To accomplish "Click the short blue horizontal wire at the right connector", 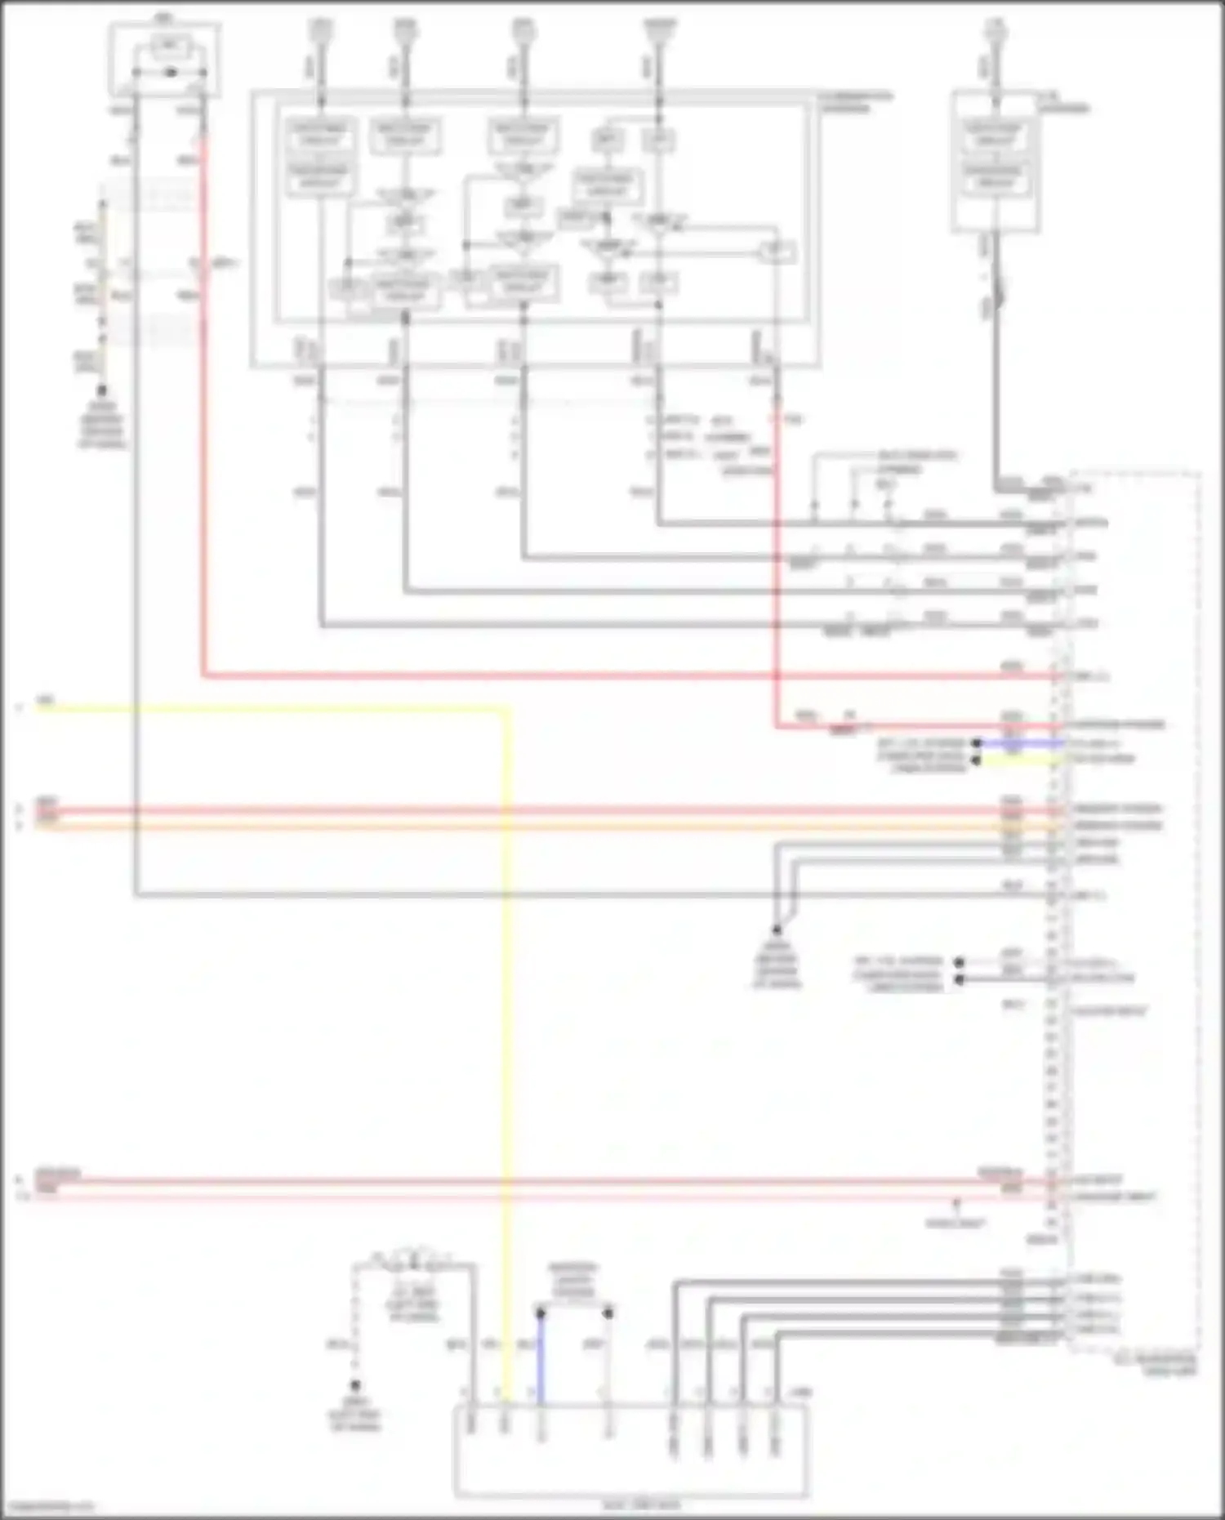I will [x=1021, y=743].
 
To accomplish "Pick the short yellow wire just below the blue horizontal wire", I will [x=1021, y=759].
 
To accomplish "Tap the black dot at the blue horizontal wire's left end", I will [x=975, y=743].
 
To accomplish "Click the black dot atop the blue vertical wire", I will [x=540, y=1313].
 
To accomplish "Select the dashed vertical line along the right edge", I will [x=1198, y=898].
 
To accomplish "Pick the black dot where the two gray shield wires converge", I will [x=777, y=929].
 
